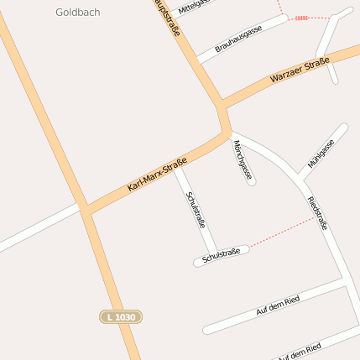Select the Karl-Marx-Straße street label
[x=156, y=176]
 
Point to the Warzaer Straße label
[x=300, y=71]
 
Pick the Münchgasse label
[x=243, y=160]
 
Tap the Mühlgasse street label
[x=321, y=153]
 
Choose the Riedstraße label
[x=318, y=213]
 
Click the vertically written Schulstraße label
[x=196, y=211]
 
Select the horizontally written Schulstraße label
[x=222, y=253]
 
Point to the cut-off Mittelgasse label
[x=190, y=7]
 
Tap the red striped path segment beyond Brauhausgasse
[x=300, y=17]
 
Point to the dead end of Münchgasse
[x=252, y=181]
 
